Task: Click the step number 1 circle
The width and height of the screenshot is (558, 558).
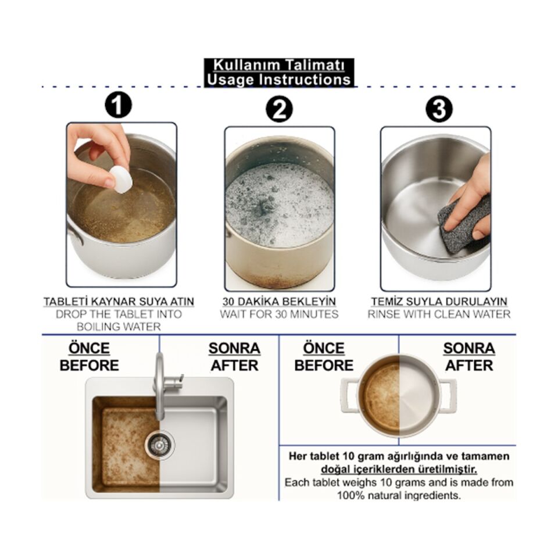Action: click(x=118, y=105)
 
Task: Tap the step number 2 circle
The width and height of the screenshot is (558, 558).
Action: click(x=279, y=109)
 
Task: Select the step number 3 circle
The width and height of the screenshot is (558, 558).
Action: click(x=439, y=109)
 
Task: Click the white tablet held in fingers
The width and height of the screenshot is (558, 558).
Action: click(x=121, y=180)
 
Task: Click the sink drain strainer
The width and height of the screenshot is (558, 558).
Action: click(x=159, y=444)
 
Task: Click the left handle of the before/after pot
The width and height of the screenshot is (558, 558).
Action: click(x=349, y=396)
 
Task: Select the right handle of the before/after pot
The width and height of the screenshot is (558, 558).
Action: click(x=448, y=396)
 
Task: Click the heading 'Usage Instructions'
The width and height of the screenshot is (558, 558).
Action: click(x=278, y=80)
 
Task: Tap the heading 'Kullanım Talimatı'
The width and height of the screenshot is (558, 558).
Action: click(x=278, y=66)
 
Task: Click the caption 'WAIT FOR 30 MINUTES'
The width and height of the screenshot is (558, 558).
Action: click(x=279, y=314)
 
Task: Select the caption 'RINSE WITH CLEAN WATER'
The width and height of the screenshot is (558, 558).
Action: click(x=439, y=314)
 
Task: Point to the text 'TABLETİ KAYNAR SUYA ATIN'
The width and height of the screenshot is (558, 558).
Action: click(x=119, y=302)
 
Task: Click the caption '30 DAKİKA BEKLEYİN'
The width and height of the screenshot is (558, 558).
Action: click(x=279, y=302)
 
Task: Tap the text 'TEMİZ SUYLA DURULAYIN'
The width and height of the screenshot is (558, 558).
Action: click(x=439, y=302)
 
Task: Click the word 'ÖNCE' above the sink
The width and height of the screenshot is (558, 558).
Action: click(x=89, y=348)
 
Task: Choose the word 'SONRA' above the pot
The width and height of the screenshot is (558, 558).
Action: click(x=469, y=348)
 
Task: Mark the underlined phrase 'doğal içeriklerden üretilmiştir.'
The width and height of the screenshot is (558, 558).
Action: click(x=399, y=470)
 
